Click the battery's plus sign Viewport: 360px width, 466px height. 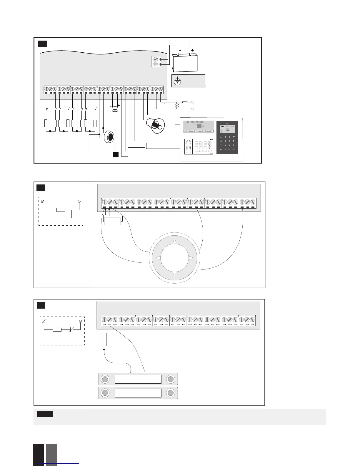(x=192, y=50)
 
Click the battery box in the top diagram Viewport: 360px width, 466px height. (x=185, y=63)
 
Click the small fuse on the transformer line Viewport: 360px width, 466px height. (x=185, y=102)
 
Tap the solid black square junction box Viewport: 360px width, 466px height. (x=116, y=154)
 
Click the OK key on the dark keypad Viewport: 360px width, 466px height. (x=234, y=149)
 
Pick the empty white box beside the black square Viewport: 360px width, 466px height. (x=136, y=154)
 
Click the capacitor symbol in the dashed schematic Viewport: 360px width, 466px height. (x=61, y=218)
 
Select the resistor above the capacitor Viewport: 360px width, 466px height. (x=61, y=209)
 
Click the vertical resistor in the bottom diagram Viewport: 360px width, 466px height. (x=104, y=339)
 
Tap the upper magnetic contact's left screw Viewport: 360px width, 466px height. (x=105, y=379)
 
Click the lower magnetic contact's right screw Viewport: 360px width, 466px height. (x=171, y=393)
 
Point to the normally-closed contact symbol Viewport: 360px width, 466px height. (x=71, y=329)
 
